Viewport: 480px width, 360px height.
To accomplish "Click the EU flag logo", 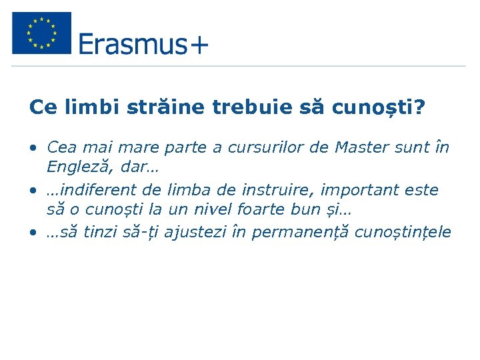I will (x=41, y=33).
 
